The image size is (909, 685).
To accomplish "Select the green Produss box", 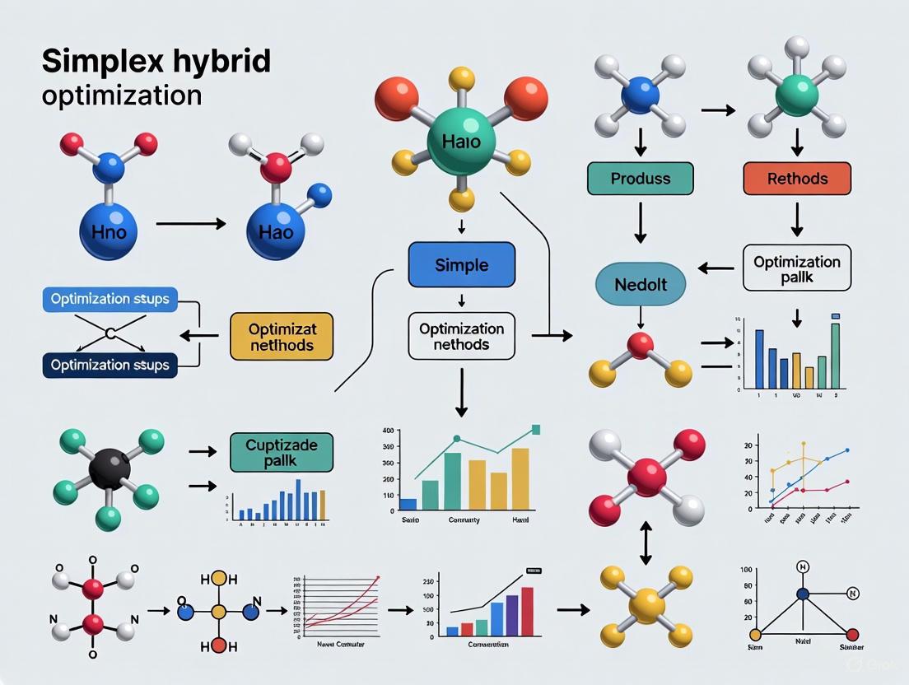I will tap(640, 178).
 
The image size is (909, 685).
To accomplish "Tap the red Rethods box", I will tap(796, 178).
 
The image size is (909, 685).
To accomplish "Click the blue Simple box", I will tap(461, 265).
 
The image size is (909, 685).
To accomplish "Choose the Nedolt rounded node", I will tap(641, 285).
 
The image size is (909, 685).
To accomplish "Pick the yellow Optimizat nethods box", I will tap(282, 336).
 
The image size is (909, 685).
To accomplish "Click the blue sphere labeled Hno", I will tap(110, 231).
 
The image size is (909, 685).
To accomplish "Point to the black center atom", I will tap(109, 468).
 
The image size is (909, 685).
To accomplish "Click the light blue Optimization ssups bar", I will tap(110, 299).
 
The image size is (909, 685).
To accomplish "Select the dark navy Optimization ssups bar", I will tap(110, 364).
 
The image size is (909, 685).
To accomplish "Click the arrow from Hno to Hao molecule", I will tap(191, 222).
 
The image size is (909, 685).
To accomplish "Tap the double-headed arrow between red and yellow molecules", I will tap(646, 545).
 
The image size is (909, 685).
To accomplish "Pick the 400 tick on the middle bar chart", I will tap(388, 431).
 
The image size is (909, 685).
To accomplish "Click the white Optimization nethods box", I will tap(461, 336).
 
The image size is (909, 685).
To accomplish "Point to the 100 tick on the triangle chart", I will tap(748, 570).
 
